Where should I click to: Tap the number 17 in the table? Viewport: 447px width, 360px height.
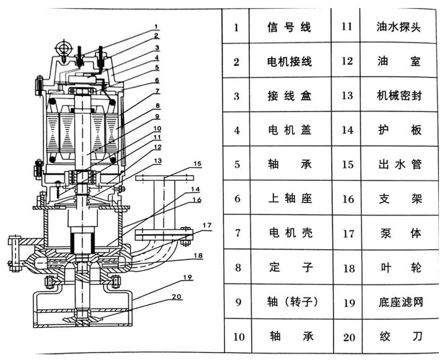tap(347, 234)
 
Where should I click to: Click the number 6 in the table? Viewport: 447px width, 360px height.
tap(236, 200)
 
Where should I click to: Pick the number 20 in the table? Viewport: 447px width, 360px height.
tap(347, 338)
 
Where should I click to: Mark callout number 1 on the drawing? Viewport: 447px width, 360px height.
tap(157, 27)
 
